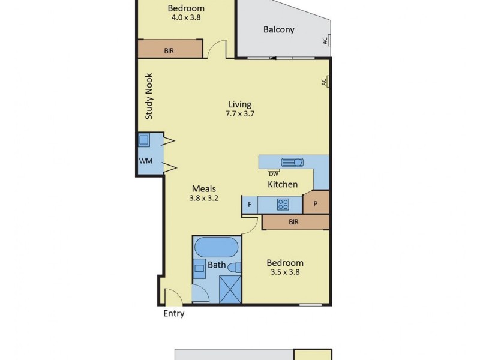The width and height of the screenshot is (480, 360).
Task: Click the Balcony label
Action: click(x=279, y=29)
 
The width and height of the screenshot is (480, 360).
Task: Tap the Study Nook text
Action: click(x=149, y=96)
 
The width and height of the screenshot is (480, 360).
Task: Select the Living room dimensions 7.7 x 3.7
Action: click(x=239, y=113)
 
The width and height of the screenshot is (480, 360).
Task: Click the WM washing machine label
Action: click(x=145, y=161)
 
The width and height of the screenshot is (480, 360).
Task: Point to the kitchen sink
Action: click(x=293, y=162)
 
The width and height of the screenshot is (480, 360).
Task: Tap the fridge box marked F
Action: click(x=249, y=205)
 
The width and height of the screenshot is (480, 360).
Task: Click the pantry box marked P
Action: click(x=316, y=203)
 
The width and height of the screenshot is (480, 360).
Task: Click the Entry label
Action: click(x=174, y=313)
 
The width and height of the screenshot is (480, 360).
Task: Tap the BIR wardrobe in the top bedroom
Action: click(x=170, y=51)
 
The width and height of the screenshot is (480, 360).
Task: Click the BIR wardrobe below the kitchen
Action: click(x=294, y=222)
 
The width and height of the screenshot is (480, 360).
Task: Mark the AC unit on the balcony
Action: click(x=326, y=41)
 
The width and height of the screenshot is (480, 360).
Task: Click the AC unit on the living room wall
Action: click(x=325, y=81)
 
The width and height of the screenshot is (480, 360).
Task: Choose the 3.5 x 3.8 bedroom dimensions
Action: click(x=285, y=272)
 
